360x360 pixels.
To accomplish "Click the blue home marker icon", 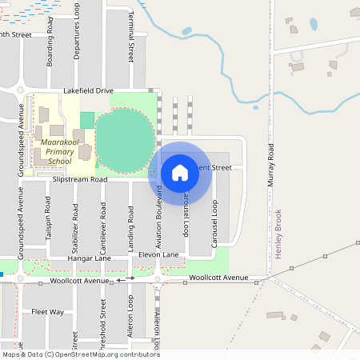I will tap(180, 172).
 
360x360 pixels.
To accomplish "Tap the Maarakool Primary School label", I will tap(54, 152).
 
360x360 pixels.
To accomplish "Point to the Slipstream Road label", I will tap(80, 180).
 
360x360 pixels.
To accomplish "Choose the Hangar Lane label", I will tap(90, 258).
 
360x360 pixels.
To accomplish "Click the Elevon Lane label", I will tap(158, 254).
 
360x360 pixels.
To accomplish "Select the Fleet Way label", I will tap(47, 311).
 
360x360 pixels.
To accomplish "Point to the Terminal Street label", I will tap(131, 42).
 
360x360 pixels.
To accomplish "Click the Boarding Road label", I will tap(50, 47).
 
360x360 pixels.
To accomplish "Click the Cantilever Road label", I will tap(103, 222).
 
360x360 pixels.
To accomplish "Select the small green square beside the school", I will tap(86, 120).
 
